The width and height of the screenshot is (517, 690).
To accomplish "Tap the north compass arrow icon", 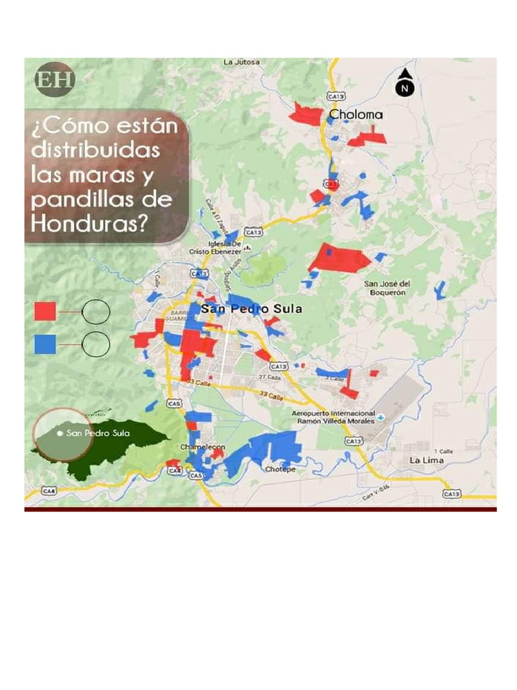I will click(405, 83).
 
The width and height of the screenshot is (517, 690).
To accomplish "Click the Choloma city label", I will click(355, 115).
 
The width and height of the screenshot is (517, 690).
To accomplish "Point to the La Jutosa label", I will click(242, 63).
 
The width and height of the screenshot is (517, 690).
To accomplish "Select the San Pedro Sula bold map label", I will click(252, 309).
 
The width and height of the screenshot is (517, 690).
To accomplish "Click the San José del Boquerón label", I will click(387, 288).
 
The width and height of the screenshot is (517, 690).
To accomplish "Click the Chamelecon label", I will click(203, 447).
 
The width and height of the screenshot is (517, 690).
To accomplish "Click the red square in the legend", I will click(45, 311).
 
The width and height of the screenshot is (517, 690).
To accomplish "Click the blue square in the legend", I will click(45, 344).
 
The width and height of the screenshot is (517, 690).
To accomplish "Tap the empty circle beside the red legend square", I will click(96, 311).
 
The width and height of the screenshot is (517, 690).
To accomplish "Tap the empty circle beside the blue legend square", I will click(96, 344).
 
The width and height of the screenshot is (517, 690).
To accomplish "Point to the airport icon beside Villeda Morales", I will click(381, 417).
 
